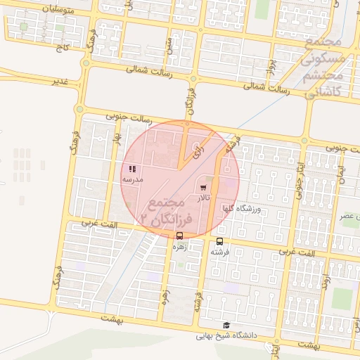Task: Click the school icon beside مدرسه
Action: (x=132, y=169)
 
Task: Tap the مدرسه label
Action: (x=132, y=179)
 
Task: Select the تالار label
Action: (x=204, y=198)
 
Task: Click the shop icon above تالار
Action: (x=204, y=188)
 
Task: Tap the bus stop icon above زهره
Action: (x=180, y=236)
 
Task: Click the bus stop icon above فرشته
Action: (x=220, y=241)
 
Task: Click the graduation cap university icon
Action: (x=226, y=325)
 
